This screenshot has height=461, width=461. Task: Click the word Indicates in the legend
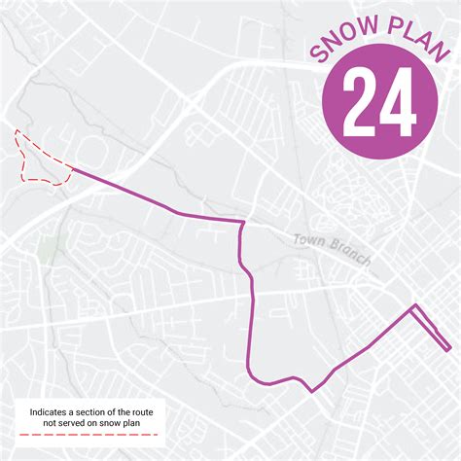(52, 412)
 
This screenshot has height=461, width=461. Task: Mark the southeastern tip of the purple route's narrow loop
(448, 348)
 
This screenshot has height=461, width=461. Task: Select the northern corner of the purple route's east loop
(414, 307)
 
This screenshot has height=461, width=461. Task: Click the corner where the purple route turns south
(242, 223)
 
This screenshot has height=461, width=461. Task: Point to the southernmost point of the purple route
(312, 391)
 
